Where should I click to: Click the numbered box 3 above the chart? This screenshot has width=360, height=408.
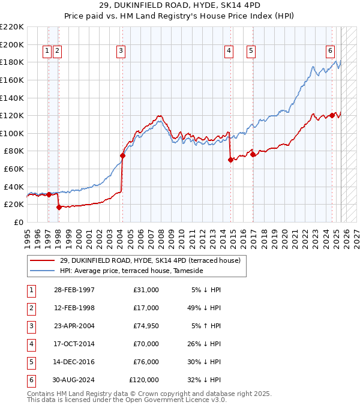[121, 51]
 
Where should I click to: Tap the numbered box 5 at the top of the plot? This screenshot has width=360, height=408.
[250, 51]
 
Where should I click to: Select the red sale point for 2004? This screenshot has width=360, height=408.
[122, 155]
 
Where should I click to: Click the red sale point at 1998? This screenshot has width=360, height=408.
[59, 207]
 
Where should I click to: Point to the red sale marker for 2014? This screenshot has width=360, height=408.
[230, 160]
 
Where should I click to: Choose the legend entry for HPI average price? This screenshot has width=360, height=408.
[131, 271]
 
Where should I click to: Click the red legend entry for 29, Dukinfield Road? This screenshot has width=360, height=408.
[149, 260]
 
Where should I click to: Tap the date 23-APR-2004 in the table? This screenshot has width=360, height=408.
[74, 326]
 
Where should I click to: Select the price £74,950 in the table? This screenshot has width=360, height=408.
[143, 326]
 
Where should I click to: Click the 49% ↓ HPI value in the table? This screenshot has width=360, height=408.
[205, 308]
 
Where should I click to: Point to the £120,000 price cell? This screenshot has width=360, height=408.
[143, 380]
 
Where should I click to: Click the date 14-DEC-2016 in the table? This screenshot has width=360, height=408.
[74, 362]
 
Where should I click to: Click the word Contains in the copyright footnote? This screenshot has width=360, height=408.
[41, 394]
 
